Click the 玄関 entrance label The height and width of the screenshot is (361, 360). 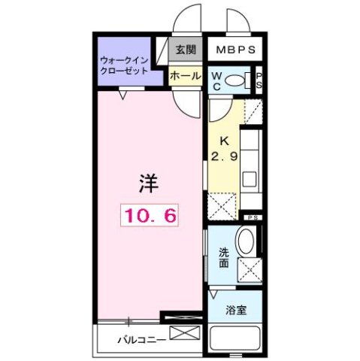pos(185,50)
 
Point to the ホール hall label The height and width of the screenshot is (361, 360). pos(184,76)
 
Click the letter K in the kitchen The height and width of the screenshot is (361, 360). pos(223,141)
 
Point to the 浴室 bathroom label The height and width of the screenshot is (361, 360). pos(236,309)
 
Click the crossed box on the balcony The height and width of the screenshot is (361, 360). pos(186,332)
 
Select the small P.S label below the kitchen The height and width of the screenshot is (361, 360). pos(252,216)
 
